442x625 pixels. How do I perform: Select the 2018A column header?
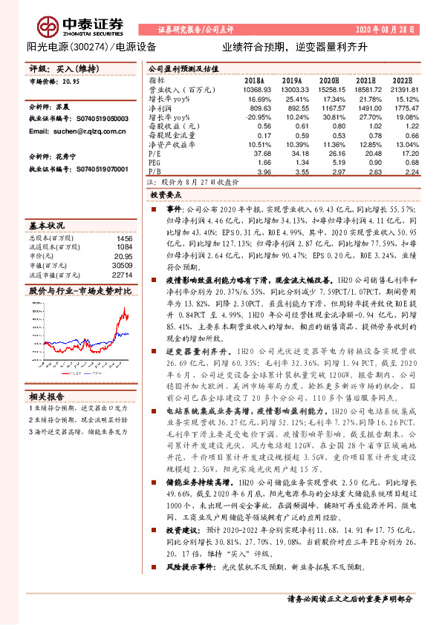coord(255,79)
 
